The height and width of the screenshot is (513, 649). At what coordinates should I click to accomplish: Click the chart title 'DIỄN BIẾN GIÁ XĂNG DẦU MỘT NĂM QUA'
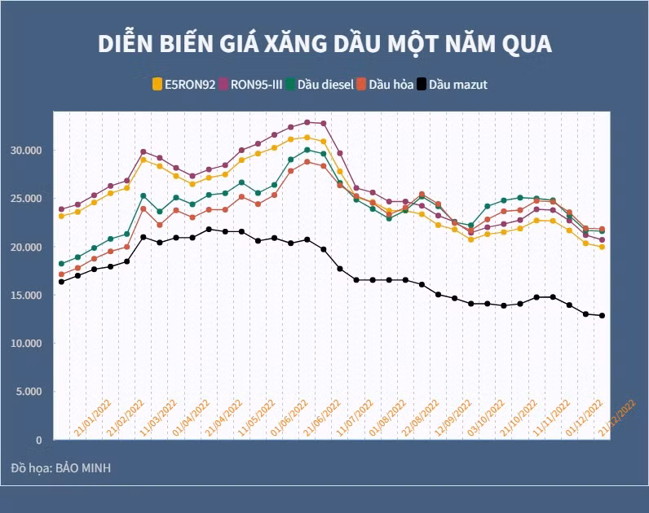[324, 43]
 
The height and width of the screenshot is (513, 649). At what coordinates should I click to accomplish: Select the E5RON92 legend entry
[185, 84]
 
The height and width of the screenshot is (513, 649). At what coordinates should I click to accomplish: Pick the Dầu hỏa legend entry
[390, 84]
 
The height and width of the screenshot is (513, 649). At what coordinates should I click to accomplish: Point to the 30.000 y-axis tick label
[27, 151]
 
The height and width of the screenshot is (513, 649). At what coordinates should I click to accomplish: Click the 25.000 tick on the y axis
[27, 199]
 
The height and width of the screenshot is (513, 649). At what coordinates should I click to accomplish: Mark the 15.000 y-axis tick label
[27, 295]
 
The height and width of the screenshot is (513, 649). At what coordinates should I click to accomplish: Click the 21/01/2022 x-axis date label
[93, 418]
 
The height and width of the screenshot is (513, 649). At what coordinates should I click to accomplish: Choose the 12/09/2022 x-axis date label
[453, 418]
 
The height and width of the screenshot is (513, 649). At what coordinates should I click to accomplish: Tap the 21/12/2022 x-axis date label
[618, 418]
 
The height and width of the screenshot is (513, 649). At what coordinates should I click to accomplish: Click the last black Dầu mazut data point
[603, 316]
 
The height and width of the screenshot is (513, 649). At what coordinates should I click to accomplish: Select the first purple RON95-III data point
[61, 209]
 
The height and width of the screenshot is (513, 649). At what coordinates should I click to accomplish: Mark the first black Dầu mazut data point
[61, 282]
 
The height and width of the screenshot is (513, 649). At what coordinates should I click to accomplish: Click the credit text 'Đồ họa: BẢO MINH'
[61, 468]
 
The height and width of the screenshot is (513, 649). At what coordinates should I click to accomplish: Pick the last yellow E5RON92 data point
[603, 247]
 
